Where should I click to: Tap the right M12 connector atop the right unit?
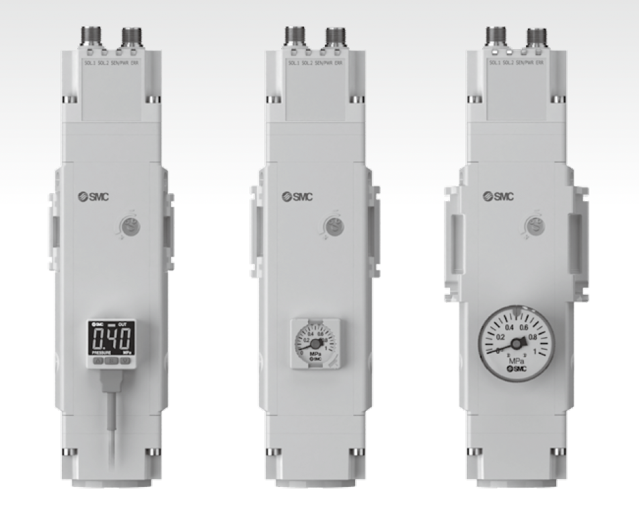(x=536, y=34)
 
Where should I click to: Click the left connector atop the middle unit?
(x=293, y=33)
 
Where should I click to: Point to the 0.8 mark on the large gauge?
(x=533, y=338)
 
